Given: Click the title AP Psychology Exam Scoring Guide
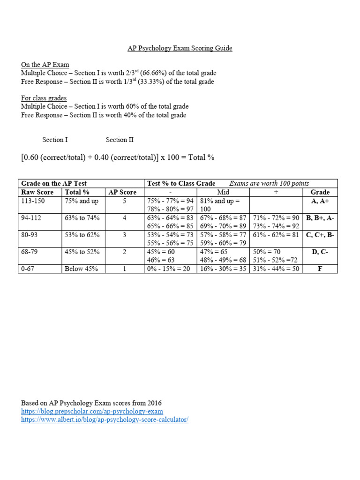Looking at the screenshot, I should pos(180,48).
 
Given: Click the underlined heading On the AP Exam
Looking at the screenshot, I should pos(45,64).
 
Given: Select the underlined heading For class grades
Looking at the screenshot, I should pos(44,98).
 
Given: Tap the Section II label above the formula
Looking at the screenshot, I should pos(120,140).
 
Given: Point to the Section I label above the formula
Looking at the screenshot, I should pos(55,140).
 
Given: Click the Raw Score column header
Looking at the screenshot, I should pos(37,192).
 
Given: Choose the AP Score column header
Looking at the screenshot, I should pos(122,192).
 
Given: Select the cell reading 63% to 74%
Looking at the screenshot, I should pos(82,218).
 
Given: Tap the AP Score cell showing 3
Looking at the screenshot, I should pos(124,235).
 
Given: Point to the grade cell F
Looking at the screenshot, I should pos(320,269).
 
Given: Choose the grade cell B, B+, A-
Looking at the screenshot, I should pos(320,218).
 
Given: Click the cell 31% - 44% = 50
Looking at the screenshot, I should pos(276,269).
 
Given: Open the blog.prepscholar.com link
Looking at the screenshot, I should pos(92,411).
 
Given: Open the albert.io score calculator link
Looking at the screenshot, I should pos(105,420).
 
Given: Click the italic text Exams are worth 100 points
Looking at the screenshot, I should pos(269,183).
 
